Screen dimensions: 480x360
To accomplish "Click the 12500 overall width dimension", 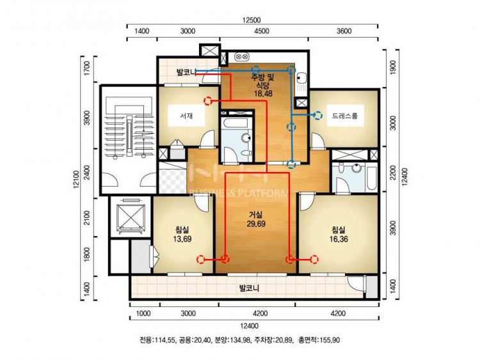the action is [x=252, y=20].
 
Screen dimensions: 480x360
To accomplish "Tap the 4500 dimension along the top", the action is [x=262, y=31].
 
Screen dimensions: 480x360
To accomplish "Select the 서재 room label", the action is [x=186, y=116].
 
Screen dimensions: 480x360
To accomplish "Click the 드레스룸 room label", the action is [x=345, y=116].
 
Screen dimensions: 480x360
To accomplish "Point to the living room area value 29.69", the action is [x=256, y=224].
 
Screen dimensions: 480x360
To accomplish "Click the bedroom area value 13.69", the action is [x=182, y=239].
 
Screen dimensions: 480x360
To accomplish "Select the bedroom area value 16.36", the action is [x=339, y=239].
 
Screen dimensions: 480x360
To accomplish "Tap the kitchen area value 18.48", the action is [x=263, y=93].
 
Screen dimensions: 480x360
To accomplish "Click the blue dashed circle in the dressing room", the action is [x=319, y=115].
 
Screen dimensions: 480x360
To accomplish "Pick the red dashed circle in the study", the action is [x=208, y=100].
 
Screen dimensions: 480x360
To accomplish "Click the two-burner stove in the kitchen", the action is [x=241, y=57].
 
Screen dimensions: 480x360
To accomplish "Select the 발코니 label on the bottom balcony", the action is [x=249, y=288].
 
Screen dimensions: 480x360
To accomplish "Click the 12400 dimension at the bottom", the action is [x=250, y=325].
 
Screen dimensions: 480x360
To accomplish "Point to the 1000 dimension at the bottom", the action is [x=143, y=313].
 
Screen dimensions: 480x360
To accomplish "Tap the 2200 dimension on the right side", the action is [x=394, y=173].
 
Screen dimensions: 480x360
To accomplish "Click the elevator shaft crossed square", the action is [x=131, y=216].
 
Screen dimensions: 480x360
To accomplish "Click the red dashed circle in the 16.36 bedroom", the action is [x=314, y=260].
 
